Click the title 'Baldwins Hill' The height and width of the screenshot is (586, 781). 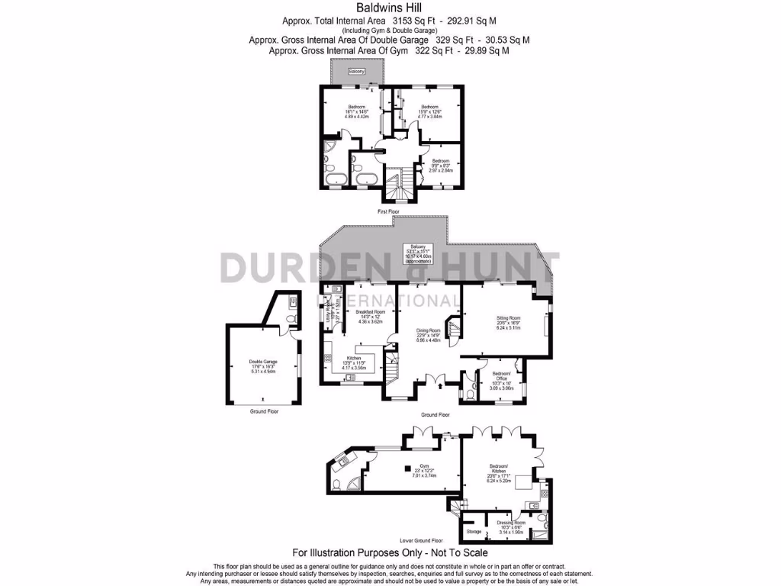390,8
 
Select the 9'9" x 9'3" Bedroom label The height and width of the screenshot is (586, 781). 441,161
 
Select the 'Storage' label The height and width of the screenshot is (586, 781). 474,531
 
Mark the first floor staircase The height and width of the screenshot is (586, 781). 395,185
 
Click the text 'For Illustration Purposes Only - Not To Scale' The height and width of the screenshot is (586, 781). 390,552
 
